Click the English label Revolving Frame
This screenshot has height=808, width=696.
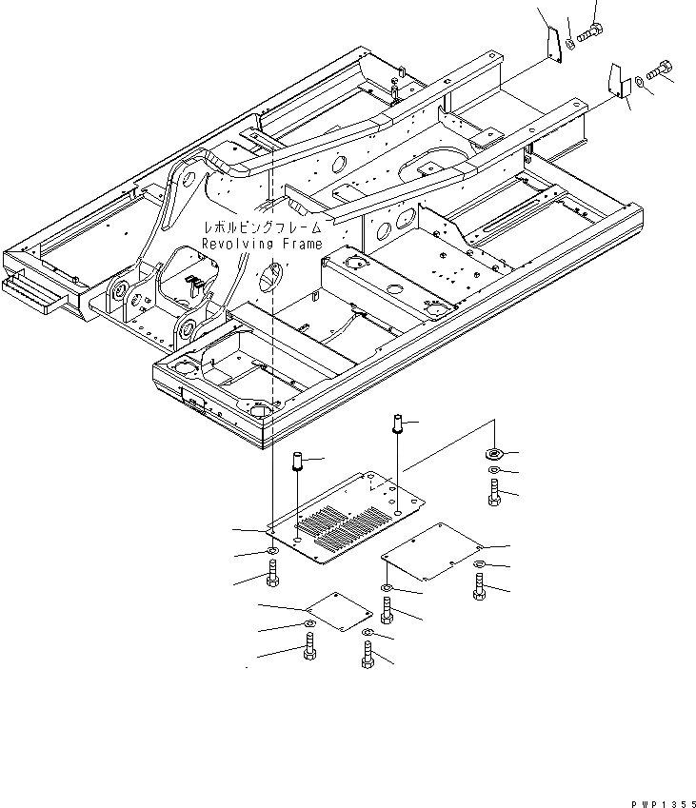pos(261,245)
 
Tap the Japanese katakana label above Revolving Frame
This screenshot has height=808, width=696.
pos(261,228)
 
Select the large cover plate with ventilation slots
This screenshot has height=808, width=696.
pos(348,519)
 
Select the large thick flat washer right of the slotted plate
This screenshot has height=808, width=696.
pos(493,454)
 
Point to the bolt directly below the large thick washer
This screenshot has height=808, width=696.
pos(493,492)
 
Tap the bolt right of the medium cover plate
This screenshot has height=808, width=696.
pos(478,581)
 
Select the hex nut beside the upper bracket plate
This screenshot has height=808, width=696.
pos(569,42)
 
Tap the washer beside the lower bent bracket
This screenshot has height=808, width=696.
pos(639,80)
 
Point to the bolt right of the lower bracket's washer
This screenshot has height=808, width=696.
pos(660,70)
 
